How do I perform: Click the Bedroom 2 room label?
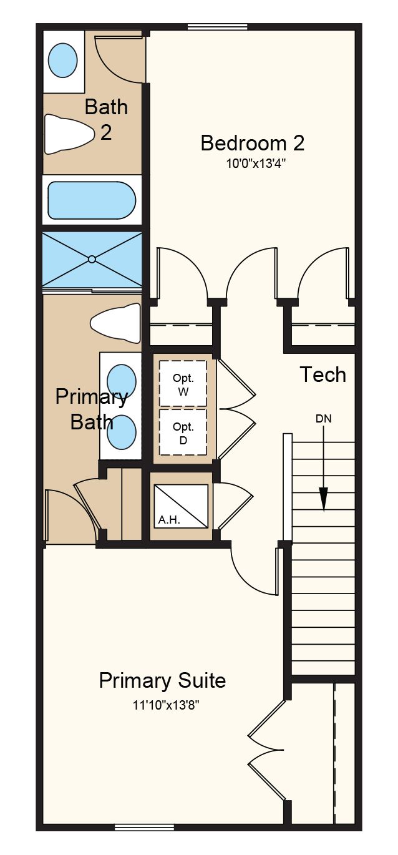point(252,143)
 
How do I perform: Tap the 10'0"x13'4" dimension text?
point(256,164)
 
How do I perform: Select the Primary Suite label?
point(162,680)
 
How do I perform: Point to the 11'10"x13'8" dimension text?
point(166,705)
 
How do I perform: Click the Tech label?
point(323,374)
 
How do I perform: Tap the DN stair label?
point(324,419)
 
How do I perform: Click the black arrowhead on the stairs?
point(324,499)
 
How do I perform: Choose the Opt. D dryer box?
point(183,432)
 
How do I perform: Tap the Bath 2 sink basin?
point(63,61)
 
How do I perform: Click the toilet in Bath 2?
point(69,134)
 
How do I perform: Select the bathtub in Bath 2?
point(92,200)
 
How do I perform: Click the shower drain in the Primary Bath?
point(92,259)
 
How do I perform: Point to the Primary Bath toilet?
point(115,323)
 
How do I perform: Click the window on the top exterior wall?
point(218,27)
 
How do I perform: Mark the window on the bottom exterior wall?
point(145,828)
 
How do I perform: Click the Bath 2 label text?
point(106,119)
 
